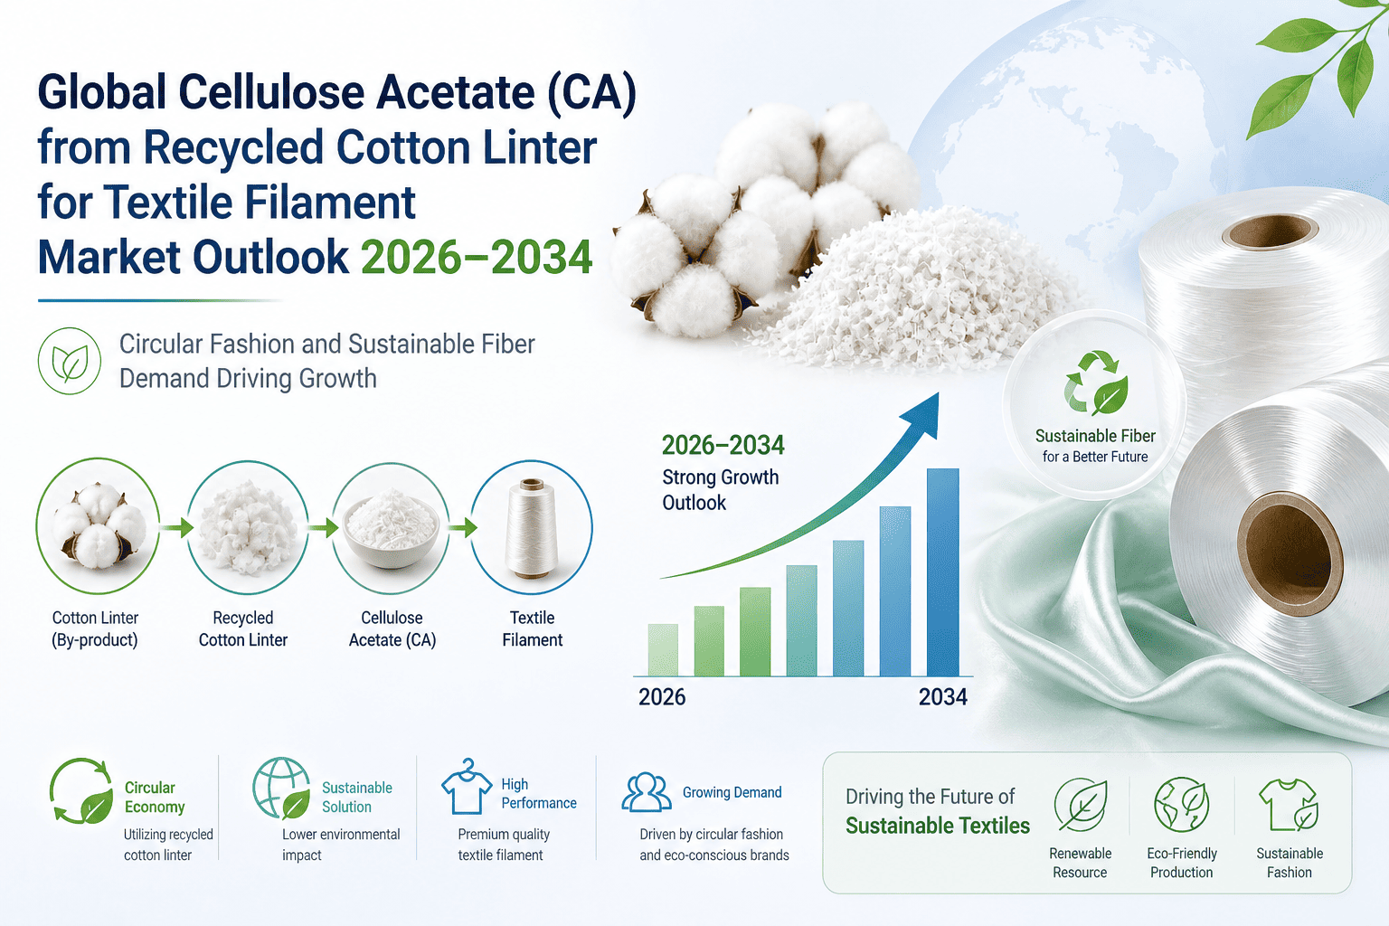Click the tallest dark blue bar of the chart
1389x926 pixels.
(x=942, y=572)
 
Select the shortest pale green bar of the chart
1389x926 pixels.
(x=663, y=650)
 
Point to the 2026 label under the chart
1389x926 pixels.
(x=662, y=697)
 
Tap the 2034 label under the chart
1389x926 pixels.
(x=942, y=697)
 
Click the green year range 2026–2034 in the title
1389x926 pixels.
(x=477, y=258)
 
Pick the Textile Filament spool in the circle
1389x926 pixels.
(x=531, y=528)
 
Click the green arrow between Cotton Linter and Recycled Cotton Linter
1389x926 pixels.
(x=176, y=528)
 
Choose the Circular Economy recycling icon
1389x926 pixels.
(x=81, y=791)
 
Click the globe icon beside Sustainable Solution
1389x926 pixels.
(x=281, y=789)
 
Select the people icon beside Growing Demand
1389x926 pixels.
(x=647, y=792)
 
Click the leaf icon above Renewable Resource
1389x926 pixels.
(x=1081, y=805)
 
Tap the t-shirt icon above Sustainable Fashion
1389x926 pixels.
(x=1289, y=805)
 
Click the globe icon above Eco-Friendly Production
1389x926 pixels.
(x=1181, y=805)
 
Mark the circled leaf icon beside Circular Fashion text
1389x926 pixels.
(x=70, y=361)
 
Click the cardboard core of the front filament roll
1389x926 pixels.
(x=1290, y=553)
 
